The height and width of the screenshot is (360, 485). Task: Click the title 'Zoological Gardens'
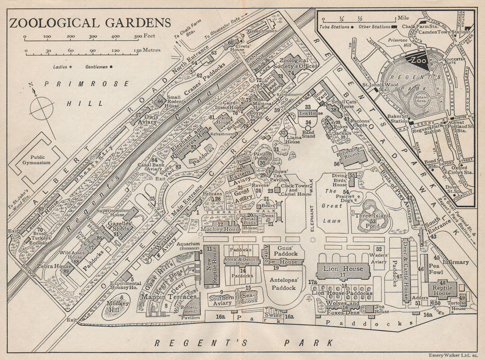(90, 23)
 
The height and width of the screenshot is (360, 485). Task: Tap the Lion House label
(343, 269)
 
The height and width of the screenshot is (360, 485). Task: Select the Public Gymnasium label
(39, 160)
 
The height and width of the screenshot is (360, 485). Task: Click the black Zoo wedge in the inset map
(418, 61)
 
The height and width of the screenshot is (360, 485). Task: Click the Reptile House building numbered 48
(442, 290)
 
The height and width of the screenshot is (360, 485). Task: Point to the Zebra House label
(57, 266)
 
